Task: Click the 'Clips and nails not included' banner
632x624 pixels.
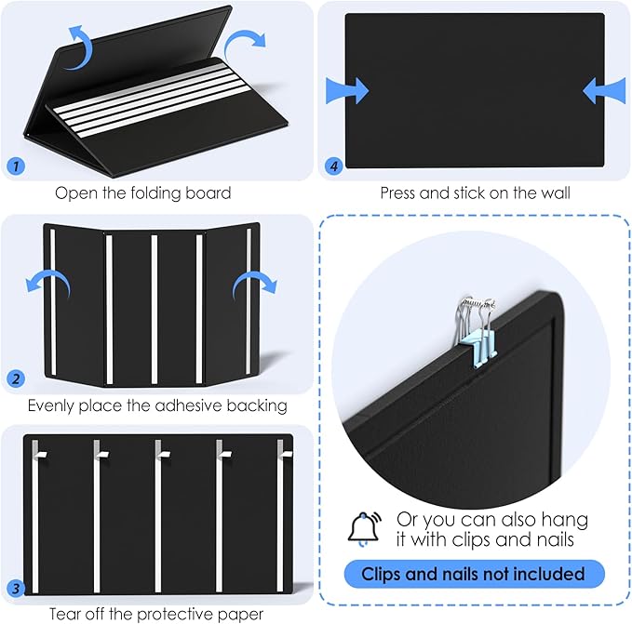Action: [475, 574]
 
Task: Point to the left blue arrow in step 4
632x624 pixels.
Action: [347, 90]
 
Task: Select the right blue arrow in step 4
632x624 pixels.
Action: [604, 90]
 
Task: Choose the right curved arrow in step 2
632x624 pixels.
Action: [253, 283]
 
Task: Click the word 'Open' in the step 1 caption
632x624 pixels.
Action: [74, 193]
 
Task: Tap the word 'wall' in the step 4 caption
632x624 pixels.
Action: [554, 193]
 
